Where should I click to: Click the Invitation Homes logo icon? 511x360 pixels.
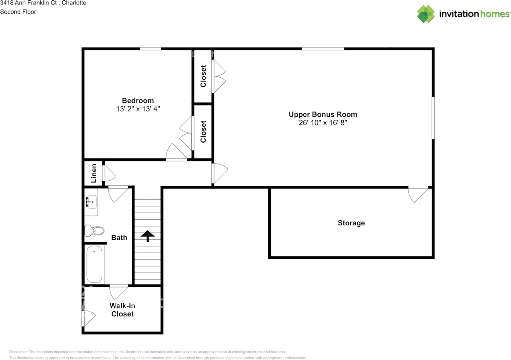pyautogui.click(x=426, y=14)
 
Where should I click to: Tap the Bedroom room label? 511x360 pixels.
pyautogui.click(x=138, y=101)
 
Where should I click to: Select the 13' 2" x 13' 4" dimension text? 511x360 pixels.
pyautogui.click(x=138, y=108)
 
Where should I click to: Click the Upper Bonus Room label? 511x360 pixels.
pyautogui.click(x=323, y=115)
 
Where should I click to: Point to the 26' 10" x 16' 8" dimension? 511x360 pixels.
pyautogui.click(x=323, y=123)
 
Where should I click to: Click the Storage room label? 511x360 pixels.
pyautogui.click(x=351, y=223)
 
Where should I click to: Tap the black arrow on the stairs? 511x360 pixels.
pyautogui.click(x=148, y=236)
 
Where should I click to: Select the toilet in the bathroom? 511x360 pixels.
pyautogui.click(x=94, y=231)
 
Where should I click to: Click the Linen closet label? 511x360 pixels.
pyautogui.click(x=94, y=173)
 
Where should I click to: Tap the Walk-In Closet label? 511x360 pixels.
pyautogui.click(x=122, y=310)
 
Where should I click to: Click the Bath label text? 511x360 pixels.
pyautogui.click(x=119, y=238)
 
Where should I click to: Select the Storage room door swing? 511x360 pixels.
pyautogui.click(x=418, y=194)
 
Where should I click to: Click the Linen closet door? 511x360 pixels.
pyautogui.click(x=108, y=174)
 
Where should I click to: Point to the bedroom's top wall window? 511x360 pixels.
pyautogui.click(x=150, y=49)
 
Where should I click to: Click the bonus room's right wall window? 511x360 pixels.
pyautogui.click(x=433, y=117)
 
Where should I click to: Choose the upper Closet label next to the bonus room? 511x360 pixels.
pyautogui.click(x=203, y=76)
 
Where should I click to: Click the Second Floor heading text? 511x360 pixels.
pyautogui.click(x=18, y=12)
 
